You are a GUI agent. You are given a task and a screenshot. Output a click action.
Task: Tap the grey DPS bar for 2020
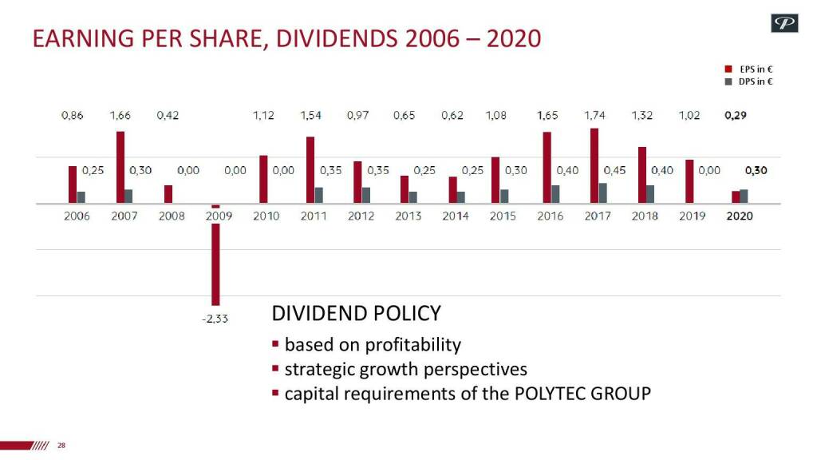coord(744,196)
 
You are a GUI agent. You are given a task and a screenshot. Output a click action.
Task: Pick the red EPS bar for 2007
coord(120,168)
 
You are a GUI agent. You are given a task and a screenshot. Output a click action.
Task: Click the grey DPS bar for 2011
coord(319,196)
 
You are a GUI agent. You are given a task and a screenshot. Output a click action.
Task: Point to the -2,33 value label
coord(215,318)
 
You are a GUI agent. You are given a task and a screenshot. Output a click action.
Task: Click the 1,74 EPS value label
coord(594,116)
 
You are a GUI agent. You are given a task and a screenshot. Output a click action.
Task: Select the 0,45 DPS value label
coord(615,170)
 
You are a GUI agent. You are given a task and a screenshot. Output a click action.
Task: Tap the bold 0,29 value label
coord(735,116)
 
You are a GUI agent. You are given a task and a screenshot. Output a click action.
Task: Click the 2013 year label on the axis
coord(408,216)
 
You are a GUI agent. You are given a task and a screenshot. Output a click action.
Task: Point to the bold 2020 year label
coord(740,216)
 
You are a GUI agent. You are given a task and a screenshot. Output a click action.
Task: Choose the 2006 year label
coord(77,216)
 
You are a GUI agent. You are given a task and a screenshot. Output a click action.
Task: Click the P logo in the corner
coord(784,24)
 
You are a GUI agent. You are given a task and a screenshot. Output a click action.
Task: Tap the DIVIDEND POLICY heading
coord(357,313)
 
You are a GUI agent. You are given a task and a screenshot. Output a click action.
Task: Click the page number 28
coord(61,446)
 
